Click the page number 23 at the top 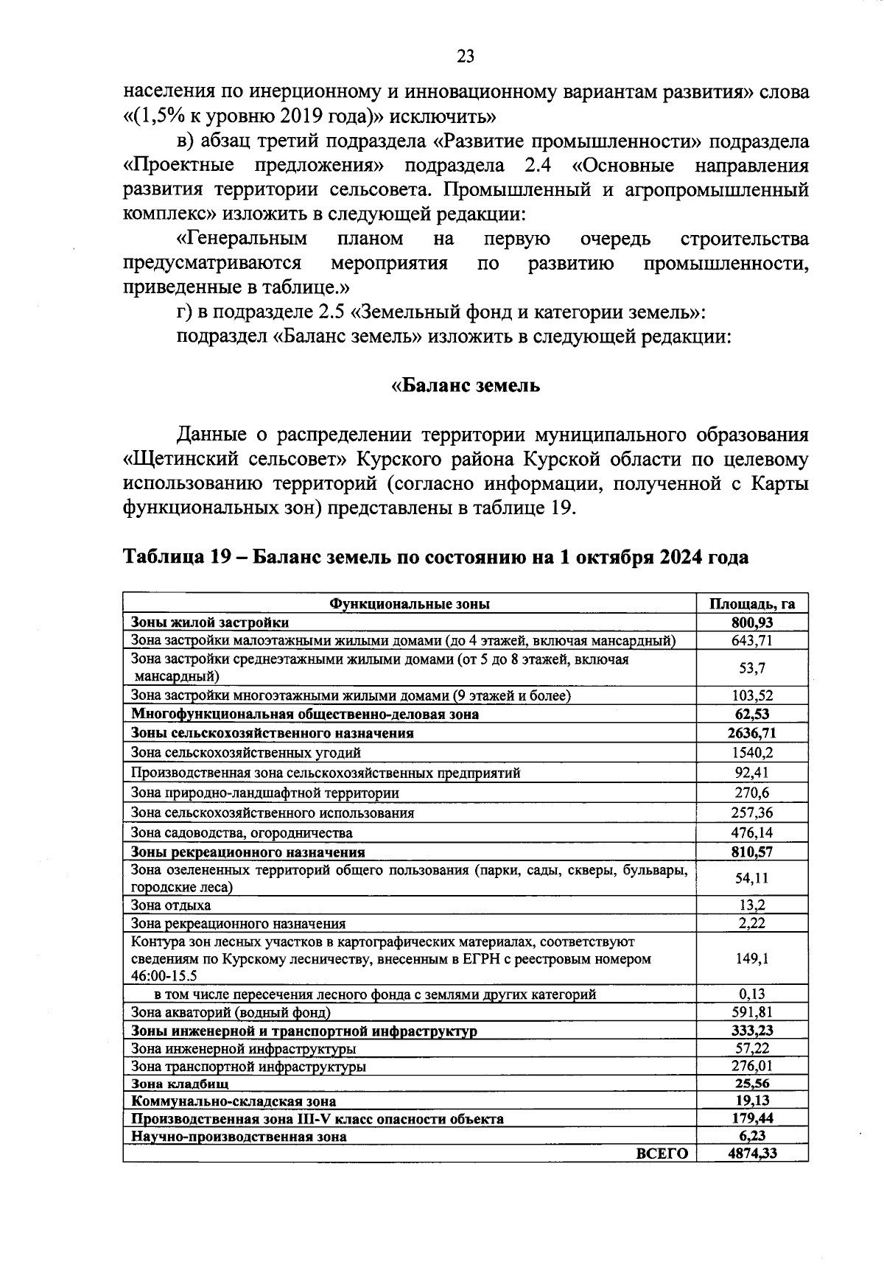[x=466, y=57]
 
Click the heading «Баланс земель [x=465, y=385]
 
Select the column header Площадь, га [x=752, y=604]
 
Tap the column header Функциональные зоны [x=410, y=604]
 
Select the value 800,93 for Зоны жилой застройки [x=752, y=622]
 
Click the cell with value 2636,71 [x=752, y=733]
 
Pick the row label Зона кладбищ [x=180, y=1084]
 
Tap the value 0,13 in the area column [x=752, y=994]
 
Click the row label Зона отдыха [x=171, y=905]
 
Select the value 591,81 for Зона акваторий [x=752, y=1012]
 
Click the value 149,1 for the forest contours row [x=752, y=958]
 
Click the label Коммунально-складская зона [x=234, y=1101]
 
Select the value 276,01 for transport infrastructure [x=752, y=1066]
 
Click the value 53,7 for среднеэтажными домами [x=752, y=667]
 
